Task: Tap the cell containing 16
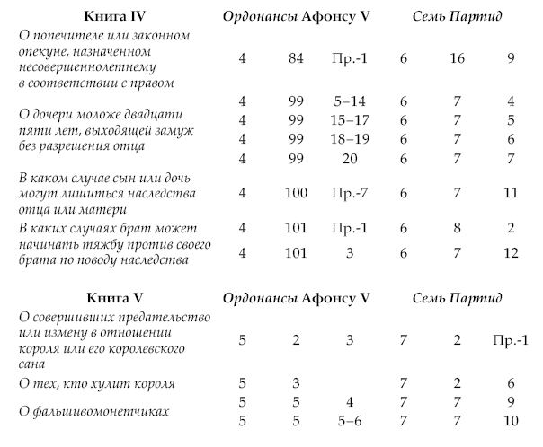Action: [459, 59]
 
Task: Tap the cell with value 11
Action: [510, 192]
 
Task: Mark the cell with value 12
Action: [510, 252]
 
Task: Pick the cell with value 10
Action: [510, 419]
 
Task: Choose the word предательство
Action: [163, 318]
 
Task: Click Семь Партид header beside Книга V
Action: [458, 297]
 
